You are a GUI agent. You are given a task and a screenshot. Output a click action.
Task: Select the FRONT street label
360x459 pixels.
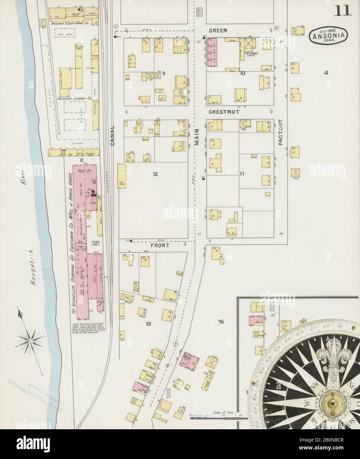point(160,246)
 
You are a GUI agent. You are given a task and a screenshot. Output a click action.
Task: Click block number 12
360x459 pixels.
point(155,175)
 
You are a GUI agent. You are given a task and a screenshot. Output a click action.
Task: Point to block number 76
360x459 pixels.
point(221,321)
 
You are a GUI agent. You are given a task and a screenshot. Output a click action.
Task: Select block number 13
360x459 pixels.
point(148,324)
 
